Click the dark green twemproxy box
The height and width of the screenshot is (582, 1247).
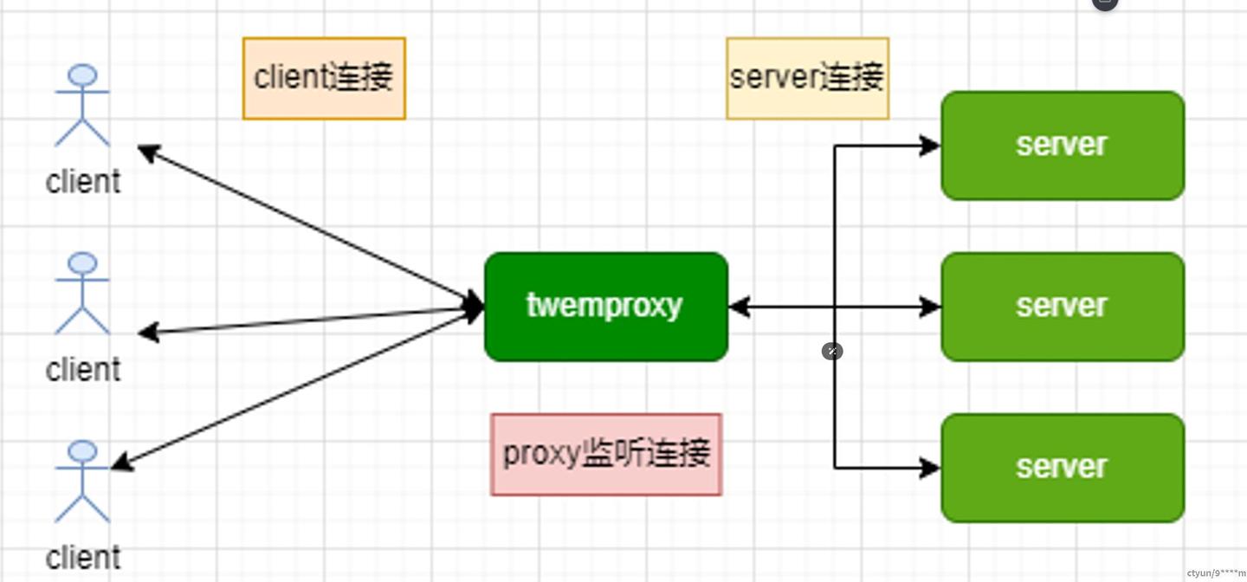(605, 307)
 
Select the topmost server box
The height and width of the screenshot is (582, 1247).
(1062, 145)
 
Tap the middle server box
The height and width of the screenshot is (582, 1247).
(1062, 307)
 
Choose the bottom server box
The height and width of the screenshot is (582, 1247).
(1062, 468)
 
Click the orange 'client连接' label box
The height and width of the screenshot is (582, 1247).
(324, 78)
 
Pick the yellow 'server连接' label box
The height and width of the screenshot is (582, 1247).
(807, 78)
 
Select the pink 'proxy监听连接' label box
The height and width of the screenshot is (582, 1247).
(606, 454)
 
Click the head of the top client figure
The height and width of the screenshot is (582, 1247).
(82, 75)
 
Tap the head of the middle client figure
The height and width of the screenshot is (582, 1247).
(82, 264)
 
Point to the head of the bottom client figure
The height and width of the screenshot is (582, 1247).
(82, 451)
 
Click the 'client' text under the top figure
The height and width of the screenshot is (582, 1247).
(83, 182)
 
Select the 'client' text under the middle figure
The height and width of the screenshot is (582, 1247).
(83, 370)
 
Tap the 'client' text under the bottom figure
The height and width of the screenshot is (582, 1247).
(83, 558)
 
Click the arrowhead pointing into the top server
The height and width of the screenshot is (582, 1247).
(931, 145)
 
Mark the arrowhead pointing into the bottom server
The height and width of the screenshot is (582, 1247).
(931, 469)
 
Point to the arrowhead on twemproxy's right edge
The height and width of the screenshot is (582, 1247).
(739, 307)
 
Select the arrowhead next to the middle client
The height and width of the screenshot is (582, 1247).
(148, 333)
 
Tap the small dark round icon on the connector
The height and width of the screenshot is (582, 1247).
(832, 351)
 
